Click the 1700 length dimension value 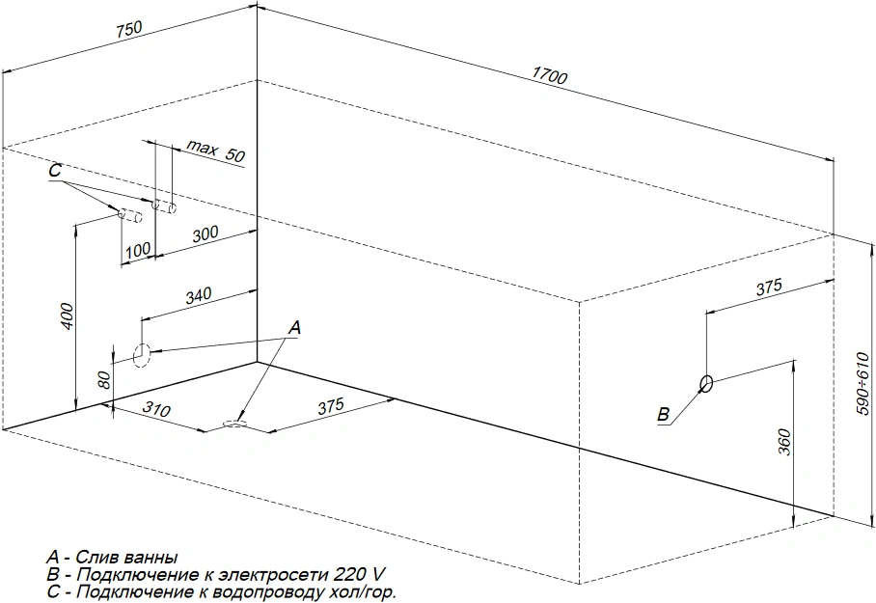[x=549, y=74]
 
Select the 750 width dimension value [x=129, y=29]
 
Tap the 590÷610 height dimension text [x=862, y=383]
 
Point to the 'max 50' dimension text [x=215, y=151]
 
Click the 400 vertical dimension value [x=67, y=315]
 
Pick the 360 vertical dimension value [x=784, y=442]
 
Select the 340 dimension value [x=199, y=295]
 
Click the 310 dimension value [x=156, y=409]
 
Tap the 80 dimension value [x=104, y=379]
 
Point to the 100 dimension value [x=137, y=250]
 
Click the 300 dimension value [x=205, y=234]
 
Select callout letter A [x=294, y=327]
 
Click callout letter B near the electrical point [x=663, y=414]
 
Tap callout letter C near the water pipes [x=55, y=170]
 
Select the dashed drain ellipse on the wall [x=142, y=354]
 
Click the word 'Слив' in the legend [x=96, y=558]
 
